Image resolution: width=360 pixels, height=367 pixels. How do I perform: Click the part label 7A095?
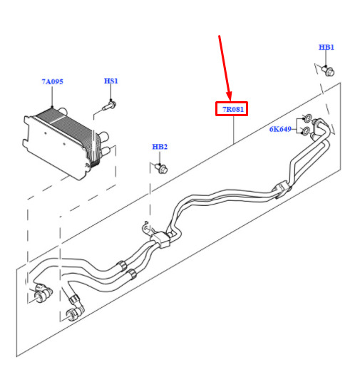pos(52,81)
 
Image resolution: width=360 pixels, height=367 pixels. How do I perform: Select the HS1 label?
pos(111,81)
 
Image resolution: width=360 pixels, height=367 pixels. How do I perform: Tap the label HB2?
pos(160,147)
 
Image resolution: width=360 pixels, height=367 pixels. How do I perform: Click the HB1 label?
pos(326,47)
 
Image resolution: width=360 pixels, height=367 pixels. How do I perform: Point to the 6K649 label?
pos(280,129)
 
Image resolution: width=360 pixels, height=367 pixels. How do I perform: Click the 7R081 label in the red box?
pos(233,109)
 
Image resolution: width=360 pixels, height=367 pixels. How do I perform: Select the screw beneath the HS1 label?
pos(110,105)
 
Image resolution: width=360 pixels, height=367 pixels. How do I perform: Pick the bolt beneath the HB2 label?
pos(162,168)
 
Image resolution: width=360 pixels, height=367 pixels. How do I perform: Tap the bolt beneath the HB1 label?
pos(328,71)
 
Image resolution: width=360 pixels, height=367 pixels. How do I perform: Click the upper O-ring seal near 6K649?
pos(308,118)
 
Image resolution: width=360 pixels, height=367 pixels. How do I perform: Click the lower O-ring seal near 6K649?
pos(305,131)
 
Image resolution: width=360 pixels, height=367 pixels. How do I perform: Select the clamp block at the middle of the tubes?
pos(160,239)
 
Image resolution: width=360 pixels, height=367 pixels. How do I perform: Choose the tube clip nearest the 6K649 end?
pos(282,189)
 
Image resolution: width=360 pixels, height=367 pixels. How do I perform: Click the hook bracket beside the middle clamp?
pos(145,227)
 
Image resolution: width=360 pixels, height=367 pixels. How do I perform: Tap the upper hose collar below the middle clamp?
pos(121,266)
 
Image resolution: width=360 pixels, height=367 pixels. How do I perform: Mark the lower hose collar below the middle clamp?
pos(132,274)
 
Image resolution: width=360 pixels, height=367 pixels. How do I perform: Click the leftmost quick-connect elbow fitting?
pos(42,293)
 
